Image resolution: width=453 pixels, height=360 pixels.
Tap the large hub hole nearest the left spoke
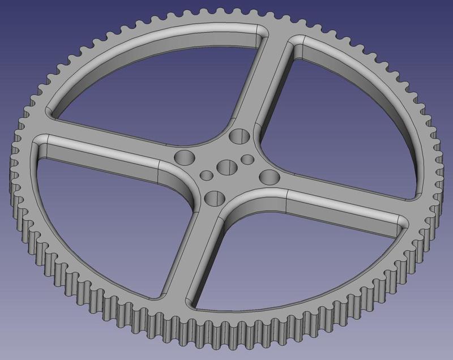click(184, 157)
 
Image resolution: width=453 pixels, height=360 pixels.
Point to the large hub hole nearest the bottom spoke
click(213, 197)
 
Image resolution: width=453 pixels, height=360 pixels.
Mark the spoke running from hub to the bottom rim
click(190, 255)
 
